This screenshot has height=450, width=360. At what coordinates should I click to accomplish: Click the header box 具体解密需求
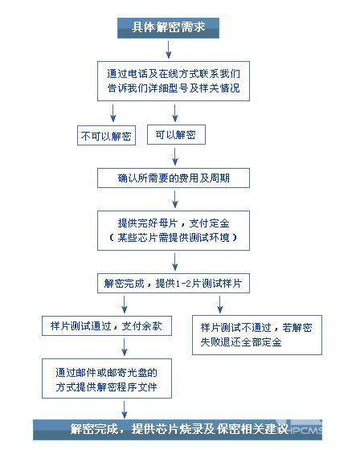pyautogui.click(x=168, y=28)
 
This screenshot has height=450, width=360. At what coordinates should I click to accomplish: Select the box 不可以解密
pyautogui.click(x=106, y=135)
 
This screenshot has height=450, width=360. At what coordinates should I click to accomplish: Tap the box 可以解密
pyautogui.click(x=176, y=134)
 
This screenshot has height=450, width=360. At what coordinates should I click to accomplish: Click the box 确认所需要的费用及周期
pyautogui.click(x=174, y=178)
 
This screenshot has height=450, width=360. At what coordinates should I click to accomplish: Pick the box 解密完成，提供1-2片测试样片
pyautogui.click(x=174, y=283)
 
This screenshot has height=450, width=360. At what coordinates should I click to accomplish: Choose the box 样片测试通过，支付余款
pyautogui.click(x=107, y=325)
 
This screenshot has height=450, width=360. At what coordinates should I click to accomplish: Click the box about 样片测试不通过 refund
pyautogui.click(x=257, y=335)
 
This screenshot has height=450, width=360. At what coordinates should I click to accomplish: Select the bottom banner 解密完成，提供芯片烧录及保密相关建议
pyautogui.click(x=178, y=430)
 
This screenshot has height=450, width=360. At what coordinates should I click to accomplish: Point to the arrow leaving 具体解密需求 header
pyautogui.click(x=169, y=50)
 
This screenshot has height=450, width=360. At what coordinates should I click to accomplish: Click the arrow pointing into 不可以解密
pyautogui.click(x=113, y=113)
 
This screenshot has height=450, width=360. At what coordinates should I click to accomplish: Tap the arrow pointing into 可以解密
pyautogui.click(x=175, y=113)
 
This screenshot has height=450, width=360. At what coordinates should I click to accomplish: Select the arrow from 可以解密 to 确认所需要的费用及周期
pyautogui.click(x=175, y=157)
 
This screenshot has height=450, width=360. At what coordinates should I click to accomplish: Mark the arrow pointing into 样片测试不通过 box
pyautogui.click(x=220, y=305)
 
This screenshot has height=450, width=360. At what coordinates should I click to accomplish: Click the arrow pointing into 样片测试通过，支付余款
pyautogui.click(x=125, y=305)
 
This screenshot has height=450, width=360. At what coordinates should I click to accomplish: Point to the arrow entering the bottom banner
pyautogui.click(x=125, y=410)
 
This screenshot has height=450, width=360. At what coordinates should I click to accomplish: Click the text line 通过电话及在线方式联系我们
pyautogui.click(x=174, y=74)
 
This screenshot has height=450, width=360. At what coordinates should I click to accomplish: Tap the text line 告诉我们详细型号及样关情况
pyautogui.click(x=174, y=88)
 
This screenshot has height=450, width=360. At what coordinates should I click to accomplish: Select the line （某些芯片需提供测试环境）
pyautogui.click(x=174, y=237)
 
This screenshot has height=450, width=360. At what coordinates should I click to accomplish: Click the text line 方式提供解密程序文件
pyautogui.click(x=107, y=387)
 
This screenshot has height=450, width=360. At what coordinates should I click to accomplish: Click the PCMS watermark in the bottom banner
pyautogui.click(x=305, y=430)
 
